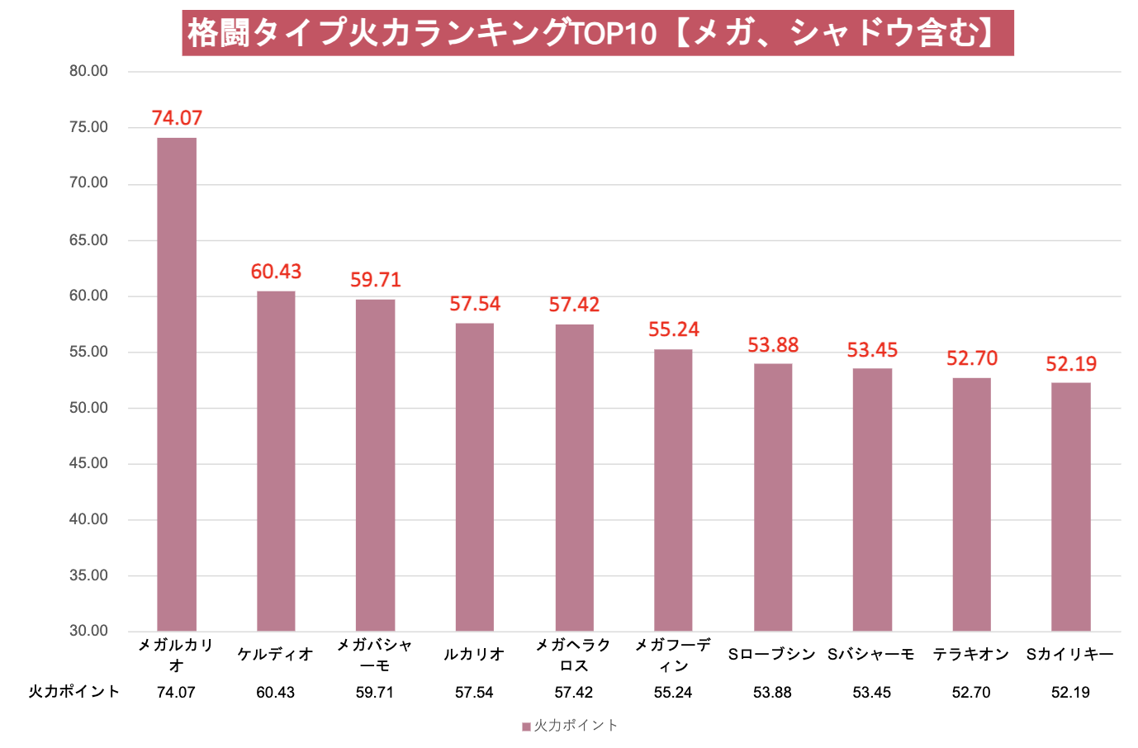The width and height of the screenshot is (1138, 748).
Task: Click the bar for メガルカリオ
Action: tap(177, 384)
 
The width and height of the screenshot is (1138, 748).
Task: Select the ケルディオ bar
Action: tap(276, 461)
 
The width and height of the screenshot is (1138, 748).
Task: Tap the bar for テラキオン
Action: tap(971, 504)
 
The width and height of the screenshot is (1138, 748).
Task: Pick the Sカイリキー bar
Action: tap(1070, 507)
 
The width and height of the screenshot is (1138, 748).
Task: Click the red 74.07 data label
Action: tap(177, 118)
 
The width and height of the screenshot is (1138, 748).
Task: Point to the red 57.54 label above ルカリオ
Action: tap(475, 304)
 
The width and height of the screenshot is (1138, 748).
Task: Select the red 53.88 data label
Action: tap(773, 345)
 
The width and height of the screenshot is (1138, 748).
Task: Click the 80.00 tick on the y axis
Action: tap(88, 71)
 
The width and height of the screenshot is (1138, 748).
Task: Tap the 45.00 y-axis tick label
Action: tap(88, 463)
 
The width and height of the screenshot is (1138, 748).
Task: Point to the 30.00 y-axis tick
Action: tap(88, 631)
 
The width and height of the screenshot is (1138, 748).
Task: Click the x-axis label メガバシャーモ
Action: tap(375, 655)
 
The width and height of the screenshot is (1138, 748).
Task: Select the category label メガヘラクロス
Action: tap(573, 655)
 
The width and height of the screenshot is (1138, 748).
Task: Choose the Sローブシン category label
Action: tap(772, 655)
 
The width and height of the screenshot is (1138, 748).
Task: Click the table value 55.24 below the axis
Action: tap(673, 693)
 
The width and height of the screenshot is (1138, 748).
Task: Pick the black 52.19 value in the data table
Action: tap(1070, 693)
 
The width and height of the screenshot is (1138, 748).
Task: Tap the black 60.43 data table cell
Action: tap(276, 693)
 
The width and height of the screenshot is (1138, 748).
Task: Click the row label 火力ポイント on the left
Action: tap(74, 692)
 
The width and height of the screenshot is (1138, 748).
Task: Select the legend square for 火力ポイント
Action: tap(526, 727)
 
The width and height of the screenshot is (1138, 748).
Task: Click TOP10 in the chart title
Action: tap(614, 33)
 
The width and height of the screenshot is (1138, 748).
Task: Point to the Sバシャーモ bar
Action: tap(872, 499)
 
